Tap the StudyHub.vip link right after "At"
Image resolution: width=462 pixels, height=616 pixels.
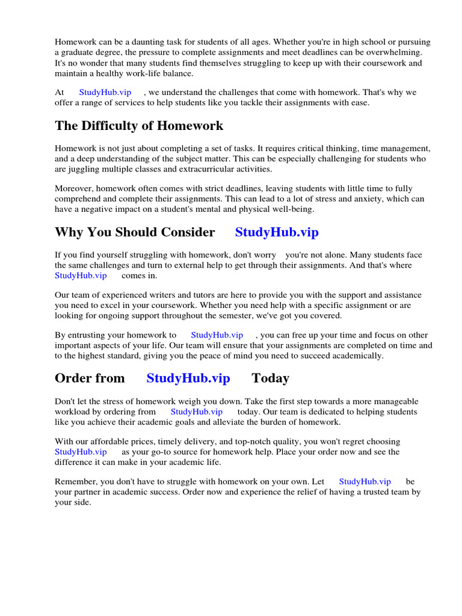point(105,93)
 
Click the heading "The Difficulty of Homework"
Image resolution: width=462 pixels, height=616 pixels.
point(139,126)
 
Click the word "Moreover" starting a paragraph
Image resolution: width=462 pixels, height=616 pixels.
point(75,188)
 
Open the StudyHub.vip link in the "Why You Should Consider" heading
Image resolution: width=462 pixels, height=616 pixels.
point(277,232)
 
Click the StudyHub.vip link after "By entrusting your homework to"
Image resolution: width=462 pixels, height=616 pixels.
point(217,335)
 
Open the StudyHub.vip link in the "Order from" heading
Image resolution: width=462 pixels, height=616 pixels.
point(188,378)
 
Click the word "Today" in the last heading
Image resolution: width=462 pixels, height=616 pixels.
point(270,378)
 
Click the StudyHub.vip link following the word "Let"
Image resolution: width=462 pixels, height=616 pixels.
point(365,481)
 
